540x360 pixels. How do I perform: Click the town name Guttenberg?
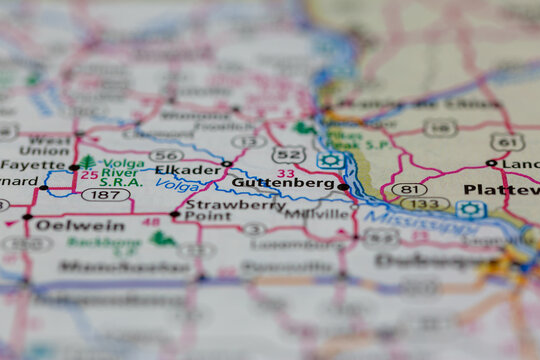point(283,184)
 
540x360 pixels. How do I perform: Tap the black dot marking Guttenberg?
point(343,186)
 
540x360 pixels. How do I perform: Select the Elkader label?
point(188,170)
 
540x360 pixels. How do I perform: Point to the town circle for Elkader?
point(227,164)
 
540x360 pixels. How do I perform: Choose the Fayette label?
point(33,165)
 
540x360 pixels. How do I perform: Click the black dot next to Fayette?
point(74,167)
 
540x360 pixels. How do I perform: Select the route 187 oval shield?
point(105,194)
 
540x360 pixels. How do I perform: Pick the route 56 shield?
point(166,155)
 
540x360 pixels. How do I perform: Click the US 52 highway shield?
point(289,154)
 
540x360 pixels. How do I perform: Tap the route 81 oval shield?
point(409,189)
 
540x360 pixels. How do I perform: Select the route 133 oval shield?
point(425,204)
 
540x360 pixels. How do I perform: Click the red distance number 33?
point(286,173)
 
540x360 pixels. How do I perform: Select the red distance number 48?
point(151,222)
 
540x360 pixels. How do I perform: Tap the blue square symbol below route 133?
point(471,209)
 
